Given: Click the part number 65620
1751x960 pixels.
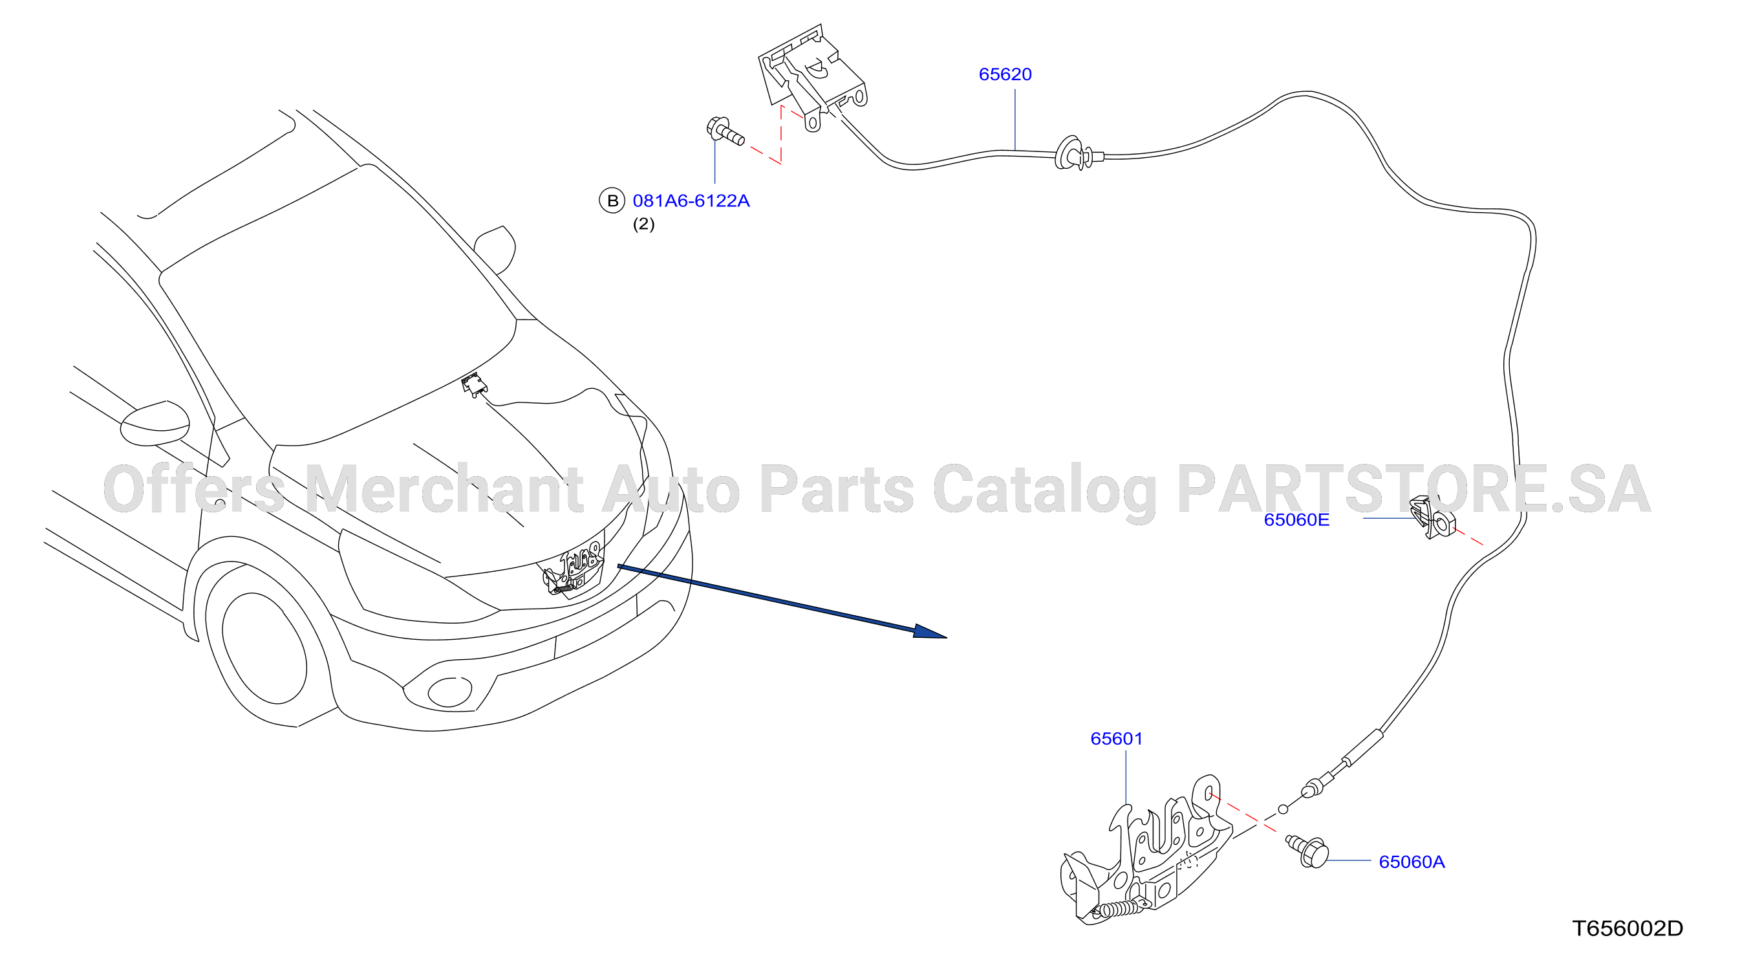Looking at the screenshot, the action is pyautogui.click(x=1005, y=74).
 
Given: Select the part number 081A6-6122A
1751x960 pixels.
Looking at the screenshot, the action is pyautogui.click(x=691, y=201).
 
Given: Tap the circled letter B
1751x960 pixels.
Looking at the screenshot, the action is pyautogui.click(x=612, y=201).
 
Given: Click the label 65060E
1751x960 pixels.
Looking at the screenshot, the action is pyautogui.click(x=1296, y=519).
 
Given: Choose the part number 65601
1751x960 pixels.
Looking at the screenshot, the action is pyautogui.click(x=1116, y=738).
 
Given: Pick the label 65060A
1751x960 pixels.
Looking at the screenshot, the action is pyautogui.click(x=1411, y=862).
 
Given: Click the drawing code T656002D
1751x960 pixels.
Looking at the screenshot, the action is pyautogui.click(x=1627, y=928).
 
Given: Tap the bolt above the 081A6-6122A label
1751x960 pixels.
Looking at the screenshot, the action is pyautogui.click(x=725, y=132).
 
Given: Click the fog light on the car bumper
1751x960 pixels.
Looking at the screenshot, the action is pyautogui.click(x=449, y=692).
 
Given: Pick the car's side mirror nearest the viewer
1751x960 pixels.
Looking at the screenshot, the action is pyautogui.click(x=155, y=422).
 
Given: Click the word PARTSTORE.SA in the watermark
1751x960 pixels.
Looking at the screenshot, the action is pyautogui.click(x=1414, y=490).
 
